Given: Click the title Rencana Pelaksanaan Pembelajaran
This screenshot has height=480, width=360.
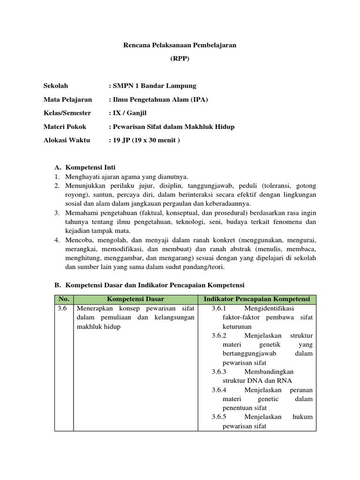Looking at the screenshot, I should (180, 45).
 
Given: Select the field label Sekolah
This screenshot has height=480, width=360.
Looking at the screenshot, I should (56, 86).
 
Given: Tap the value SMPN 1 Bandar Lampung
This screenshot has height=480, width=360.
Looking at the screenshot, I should (152, 86).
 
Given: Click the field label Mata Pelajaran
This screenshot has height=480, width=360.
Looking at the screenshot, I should (67, 99).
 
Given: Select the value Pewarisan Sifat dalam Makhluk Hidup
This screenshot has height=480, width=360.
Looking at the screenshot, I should (172, 127).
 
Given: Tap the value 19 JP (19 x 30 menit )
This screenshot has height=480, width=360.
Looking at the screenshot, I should (144, 140).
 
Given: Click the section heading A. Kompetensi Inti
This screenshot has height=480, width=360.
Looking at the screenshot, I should (85, 167).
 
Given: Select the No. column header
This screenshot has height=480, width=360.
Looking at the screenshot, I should (63, 299).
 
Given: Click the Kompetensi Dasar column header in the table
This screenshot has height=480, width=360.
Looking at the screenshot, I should (136, 299).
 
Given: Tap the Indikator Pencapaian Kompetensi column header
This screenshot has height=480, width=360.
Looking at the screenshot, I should (257, 299).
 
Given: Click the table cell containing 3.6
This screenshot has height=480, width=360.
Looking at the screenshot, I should (63, 309).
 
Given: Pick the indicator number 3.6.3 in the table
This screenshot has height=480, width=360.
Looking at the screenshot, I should (219, 372).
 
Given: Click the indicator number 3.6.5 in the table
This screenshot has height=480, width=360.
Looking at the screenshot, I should (219, 417).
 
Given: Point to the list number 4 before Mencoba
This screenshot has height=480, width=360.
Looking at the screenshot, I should (56, 240).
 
